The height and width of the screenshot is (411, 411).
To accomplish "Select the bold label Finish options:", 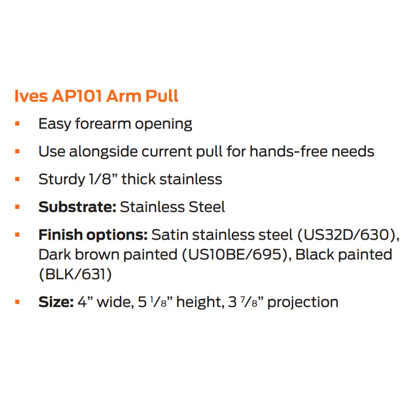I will pyautogui.click(x=93, y=235).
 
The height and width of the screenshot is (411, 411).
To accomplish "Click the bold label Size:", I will pyautogui.click(x=56, y=302).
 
